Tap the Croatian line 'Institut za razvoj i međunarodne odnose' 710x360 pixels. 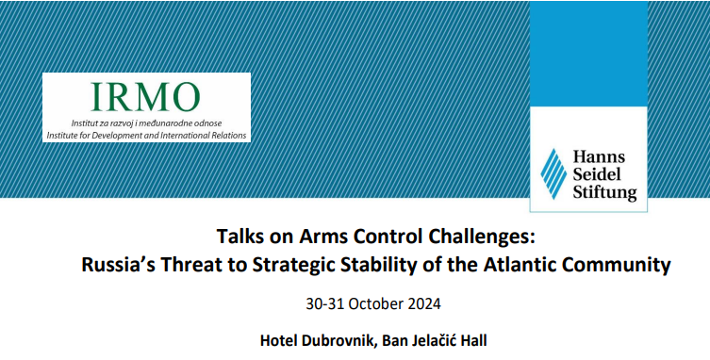point(146,123)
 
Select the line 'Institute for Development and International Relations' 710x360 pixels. point(146,135)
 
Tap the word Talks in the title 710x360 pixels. point(241,236)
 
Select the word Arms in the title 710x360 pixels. point(317,236)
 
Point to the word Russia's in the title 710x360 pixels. point(117,265)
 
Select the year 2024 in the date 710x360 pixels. point(421,304)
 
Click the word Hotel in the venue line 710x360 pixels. point(278,338)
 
